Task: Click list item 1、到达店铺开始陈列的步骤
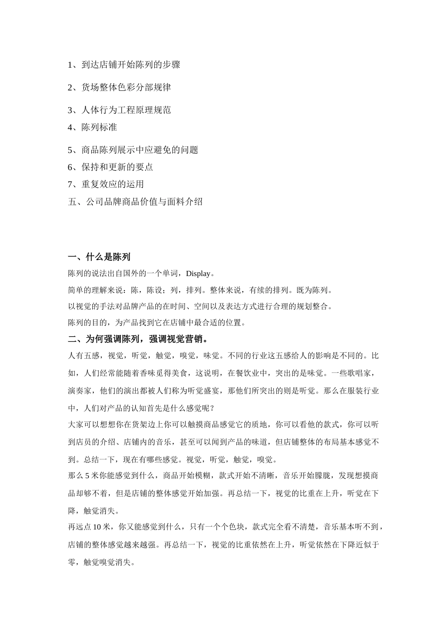pos(124,65)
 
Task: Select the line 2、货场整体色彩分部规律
pos(119,87)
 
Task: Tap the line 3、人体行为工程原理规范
pos(119,110)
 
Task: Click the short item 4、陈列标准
pos(92,127)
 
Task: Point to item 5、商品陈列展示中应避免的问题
pos(133,150)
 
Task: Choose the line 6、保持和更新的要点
pos(110,167)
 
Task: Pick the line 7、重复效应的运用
pos(106,184)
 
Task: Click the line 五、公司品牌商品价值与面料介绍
pos(135,202)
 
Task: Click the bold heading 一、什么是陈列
pos(99,257)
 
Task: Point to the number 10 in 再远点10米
pos(96,527)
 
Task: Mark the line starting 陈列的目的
pos(157,323)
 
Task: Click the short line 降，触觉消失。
pos(94,511)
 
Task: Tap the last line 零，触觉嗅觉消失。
pos(102,562)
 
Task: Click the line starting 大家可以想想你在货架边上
pos(223,425)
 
